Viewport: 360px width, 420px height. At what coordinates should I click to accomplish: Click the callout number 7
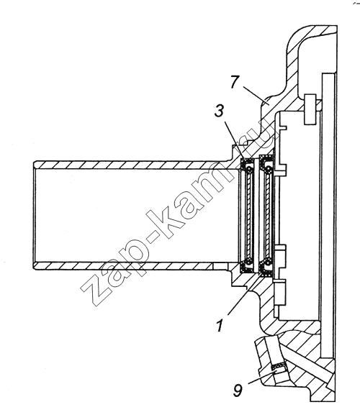pos(234,81)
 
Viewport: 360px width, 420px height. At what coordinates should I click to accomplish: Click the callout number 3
pos(220,111)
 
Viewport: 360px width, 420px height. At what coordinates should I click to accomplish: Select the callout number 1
pos(220,325)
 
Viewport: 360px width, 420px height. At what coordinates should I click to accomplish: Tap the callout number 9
pos(238,391)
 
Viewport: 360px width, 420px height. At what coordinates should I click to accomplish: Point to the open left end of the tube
pos(35,215)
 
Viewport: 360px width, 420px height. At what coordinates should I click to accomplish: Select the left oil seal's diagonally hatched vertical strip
pos(250,215)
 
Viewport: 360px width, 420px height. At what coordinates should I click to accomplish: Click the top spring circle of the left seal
pos(249,169)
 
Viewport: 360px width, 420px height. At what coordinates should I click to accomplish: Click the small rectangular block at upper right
pos(310,109)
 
